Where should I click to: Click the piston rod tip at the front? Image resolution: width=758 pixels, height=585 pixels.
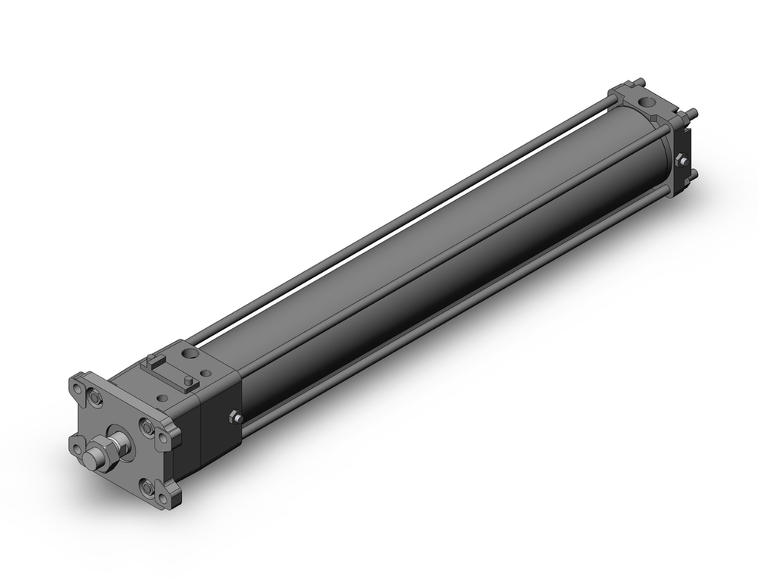92,458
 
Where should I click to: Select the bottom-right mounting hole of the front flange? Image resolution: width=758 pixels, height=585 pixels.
163,498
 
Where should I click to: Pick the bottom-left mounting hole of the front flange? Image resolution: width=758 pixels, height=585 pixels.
77,449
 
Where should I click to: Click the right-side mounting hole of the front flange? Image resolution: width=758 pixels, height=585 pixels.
163,438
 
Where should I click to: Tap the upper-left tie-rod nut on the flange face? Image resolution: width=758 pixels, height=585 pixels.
95,397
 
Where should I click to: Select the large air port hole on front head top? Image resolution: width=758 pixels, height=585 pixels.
189,352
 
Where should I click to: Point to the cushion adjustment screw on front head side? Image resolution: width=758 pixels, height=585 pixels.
236,418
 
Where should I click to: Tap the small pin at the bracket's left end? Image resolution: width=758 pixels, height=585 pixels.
151,358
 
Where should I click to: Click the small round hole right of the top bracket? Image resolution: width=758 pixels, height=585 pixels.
205,373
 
